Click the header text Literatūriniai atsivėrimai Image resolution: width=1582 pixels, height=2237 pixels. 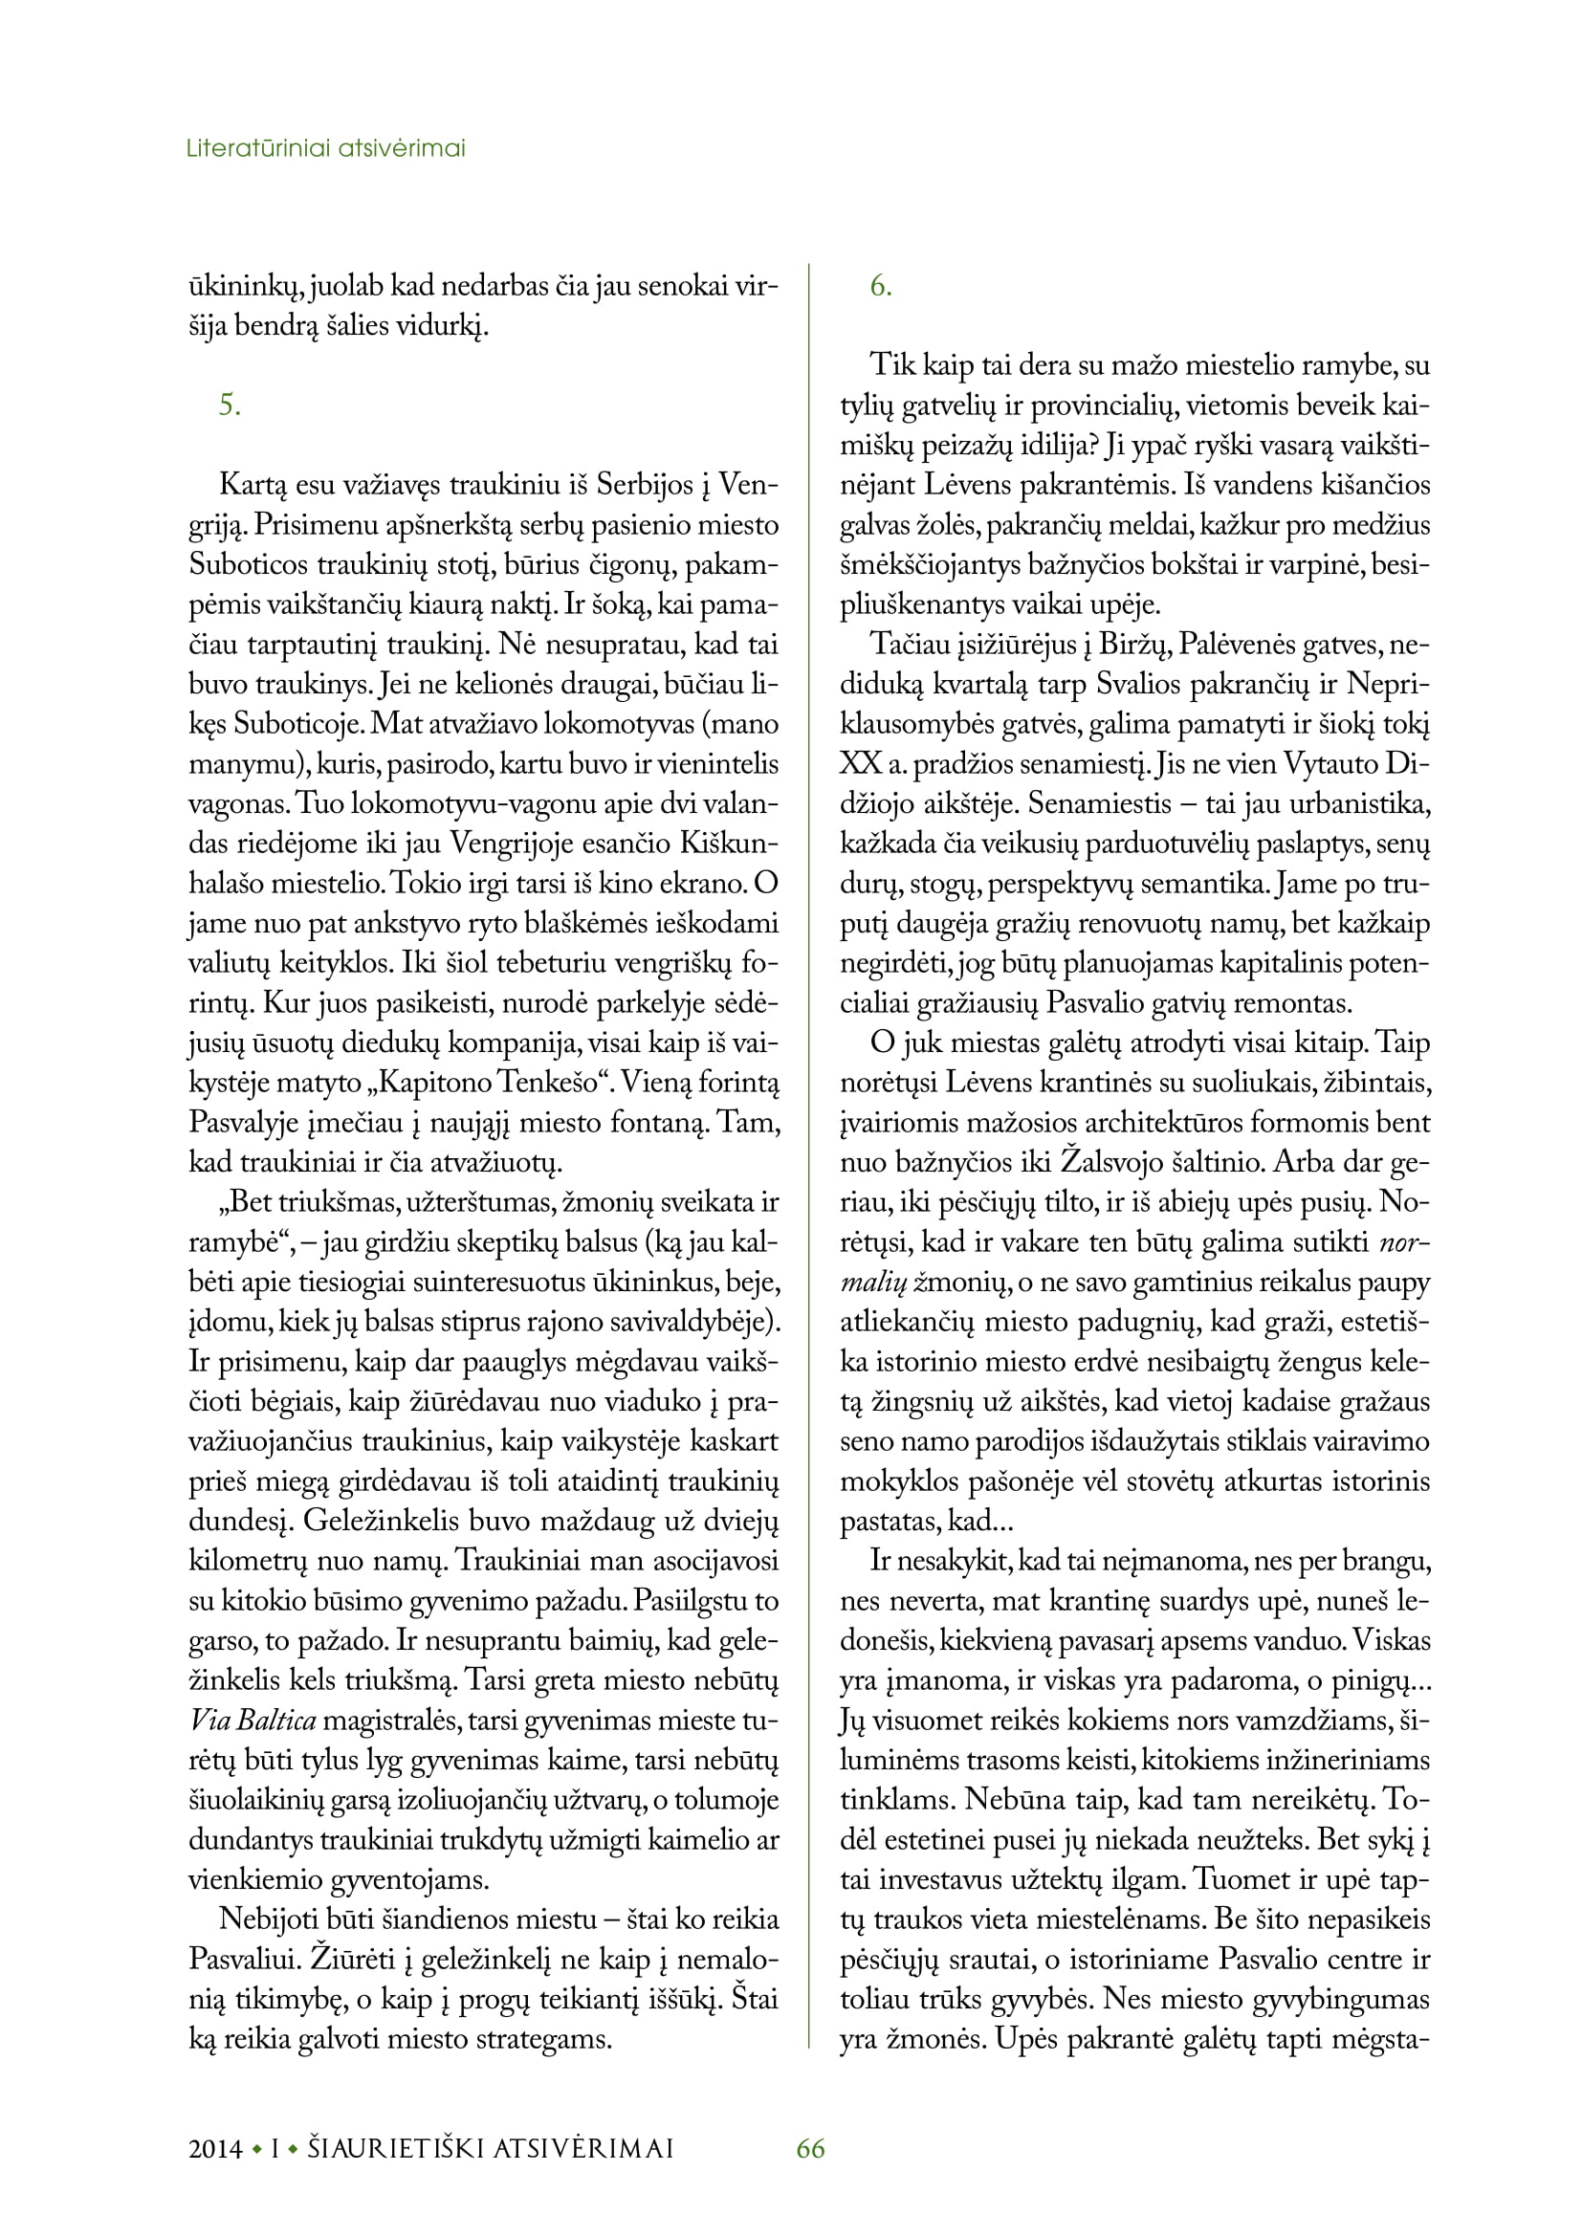click(325, 149)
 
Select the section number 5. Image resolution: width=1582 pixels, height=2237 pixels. click(229, 405)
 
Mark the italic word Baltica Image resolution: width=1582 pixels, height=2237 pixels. click(275, 1721)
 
